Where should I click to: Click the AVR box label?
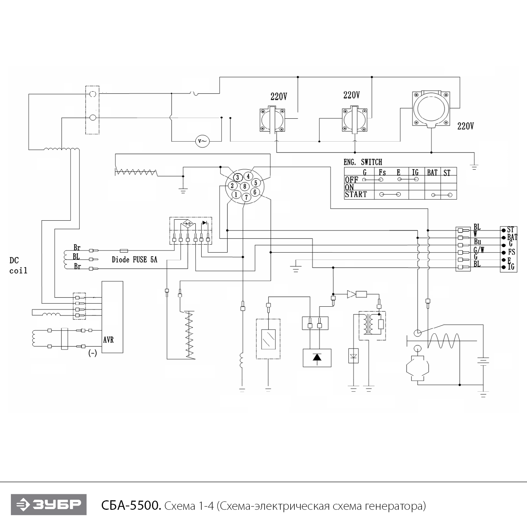[x=108, y=340]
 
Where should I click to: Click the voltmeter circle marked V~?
[x=202, y=141]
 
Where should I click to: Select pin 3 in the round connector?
[x=238, y=177]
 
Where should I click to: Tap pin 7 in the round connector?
[x=246, y=197]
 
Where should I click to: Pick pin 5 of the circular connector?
[x=256, y=183]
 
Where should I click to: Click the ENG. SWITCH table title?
[x=363, y=162]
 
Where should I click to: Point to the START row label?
[x=356, y=194]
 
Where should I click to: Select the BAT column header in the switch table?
[x=432, y=173]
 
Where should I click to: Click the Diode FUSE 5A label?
[x=134, y=260]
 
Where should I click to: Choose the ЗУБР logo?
[x=48, y=505]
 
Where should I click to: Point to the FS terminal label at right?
[x=511, y=252]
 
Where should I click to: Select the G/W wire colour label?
[x=479, y=250]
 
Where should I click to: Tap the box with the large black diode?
[x=317, y=358]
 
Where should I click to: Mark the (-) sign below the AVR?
[x=92, y=353]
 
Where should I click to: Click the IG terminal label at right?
[x=511, y=267]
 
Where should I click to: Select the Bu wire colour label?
[x=477, y=242]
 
